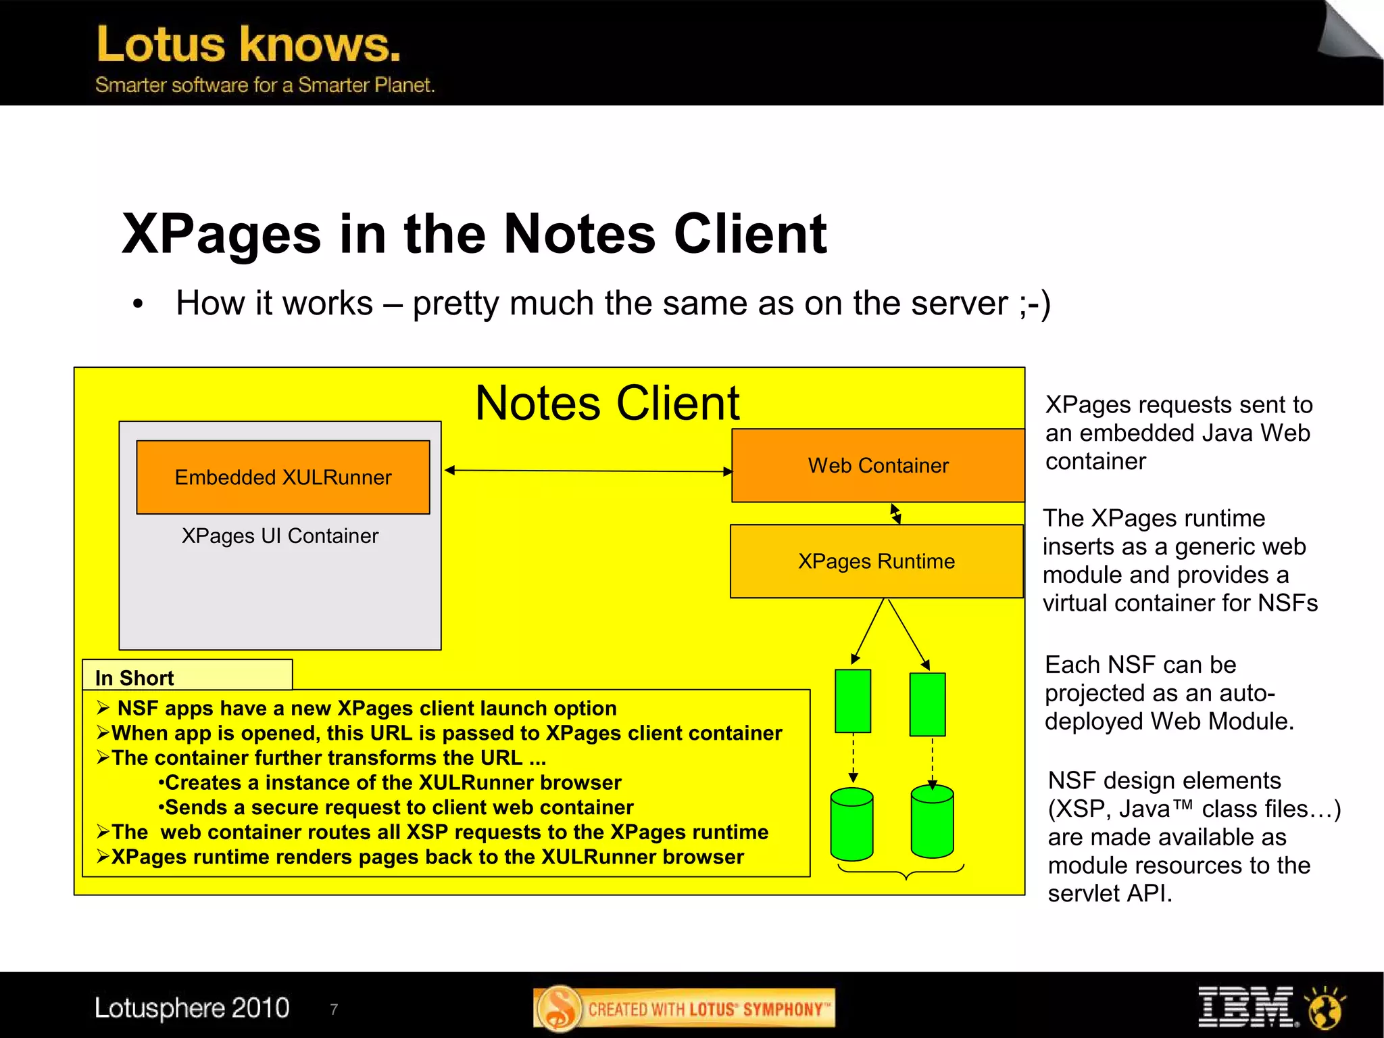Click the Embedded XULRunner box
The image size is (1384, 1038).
click(282, 477)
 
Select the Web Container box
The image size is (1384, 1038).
click(878, 465)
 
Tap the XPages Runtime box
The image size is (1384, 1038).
click(876, 561)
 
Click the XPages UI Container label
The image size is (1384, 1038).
click(280, 536)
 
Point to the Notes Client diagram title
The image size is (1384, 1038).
click(607, 404)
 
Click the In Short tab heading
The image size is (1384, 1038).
click(134, 678)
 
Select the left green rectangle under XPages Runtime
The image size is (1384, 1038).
click(853, 701)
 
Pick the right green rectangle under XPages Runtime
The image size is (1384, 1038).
click(927, 704)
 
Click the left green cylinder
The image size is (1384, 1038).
click(851, 824)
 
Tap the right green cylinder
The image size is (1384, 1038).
click(932, 822)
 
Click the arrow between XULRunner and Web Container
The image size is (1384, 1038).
click(588, 471)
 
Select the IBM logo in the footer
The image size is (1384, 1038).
click(1245, 1006)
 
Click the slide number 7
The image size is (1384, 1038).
click(334, 1010)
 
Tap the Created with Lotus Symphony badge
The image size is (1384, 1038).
click(684, 1009)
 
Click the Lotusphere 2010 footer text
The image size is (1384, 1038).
click(192, 1008)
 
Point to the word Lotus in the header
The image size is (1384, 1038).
click(161, 45)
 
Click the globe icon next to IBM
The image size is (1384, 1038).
click(1325, 1008)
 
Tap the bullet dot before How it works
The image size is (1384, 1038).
click(138, 304)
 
